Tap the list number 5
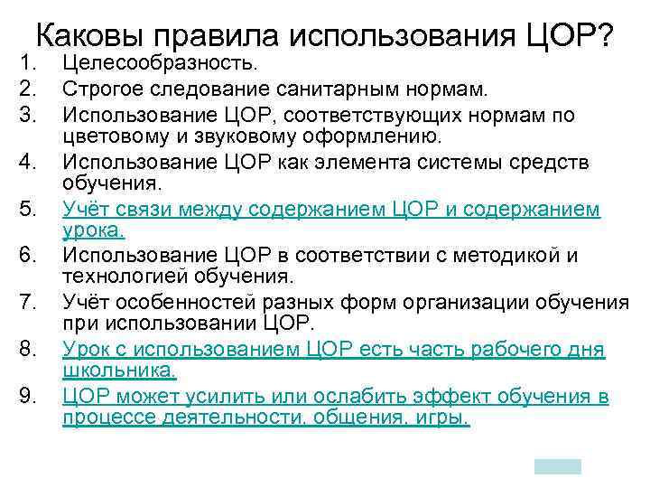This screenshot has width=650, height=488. (27, 210)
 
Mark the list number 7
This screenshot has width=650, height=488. (27, 301)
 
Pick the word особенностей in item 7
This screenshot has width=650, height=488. (190, 301)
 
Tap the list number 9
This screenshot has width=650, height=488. (27, 395)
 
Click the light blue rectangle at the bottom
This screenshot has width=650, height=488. (557, 466)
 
